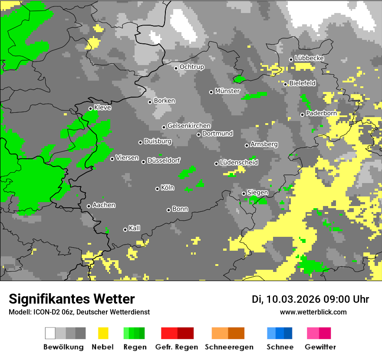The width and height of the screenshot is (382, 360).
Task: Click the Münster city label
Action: [227, 91]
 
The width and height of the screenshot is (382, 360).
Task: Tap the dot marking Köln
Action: [158, 189]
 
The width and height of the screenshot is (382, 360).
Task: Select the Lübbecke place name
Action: [310, 59]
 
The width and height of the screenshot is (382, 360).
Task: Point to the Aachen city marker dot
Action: [89, 206]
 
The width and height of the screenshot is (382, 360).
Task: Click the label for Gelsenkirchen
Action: [189, 126]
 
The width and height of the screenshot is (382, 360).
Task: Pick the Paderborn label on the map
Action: [321, 114]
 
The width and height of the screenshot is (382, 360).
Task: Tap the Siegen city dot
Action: [244, 193]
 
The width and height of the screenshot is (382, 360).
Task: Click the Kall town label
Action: [135, 229]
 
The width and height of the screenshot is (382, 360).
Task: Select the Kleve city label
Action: [103, 108]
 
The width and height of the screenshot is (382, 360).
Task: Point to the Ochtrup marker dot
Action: [176, 68]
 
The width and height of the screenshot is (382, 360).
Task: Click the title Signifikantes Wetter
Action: [72, 299]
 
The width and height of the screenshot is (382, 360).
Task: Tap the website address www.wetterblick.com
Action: [313, 312]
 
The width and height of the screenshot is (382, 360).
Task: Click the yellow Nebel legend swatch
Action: [103, 333]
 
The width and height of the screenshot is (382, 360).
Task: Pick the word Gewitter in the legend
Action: [320, 347]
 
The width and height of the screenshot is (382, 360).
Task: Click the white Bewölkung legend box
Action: [50, 333]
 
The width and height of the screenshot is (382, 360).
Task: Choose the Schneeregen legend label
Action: [229, 347]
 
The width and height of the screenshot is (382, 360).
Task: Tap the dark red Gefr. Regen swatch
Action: [185, 333]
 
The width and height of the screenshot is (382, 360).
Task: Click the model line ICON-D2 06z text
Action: [79, 312]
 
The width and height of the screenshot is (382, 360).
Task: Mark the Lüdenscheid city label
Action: [239, 163]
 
